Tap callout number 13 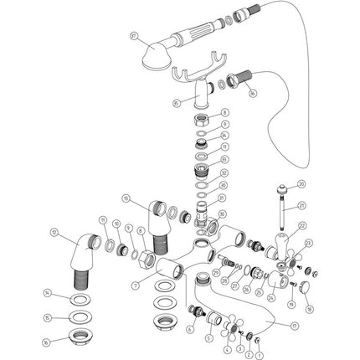[126, 198]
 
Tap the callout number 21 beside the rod [301, 203]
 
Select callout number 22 [301, 224]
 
